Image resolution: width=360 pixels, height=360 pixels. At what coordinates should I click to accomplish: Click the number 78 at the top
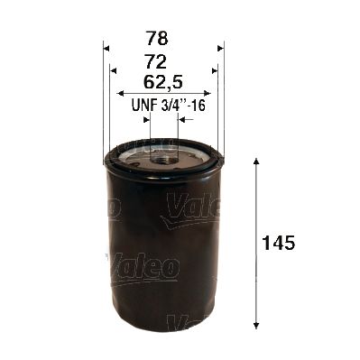tap(162, 41)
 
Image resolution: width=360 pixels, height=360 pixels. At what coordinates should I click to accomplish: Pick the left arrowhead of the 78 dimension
tap(106, 47)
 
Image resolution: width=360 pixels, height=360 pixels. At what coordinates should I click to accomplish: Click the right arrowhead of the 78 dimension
tap(219, 47)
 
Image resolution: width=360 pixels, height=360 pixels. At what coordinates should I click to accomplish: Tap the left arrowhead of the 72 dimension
tap(113, 69)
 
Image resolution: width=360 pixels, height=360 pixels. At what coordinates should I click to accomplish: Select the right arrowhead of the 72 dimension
tap(214, 69)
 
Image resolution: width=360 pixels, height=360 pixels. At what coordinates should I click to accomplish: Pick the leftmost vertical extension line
tap(105, 99)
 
